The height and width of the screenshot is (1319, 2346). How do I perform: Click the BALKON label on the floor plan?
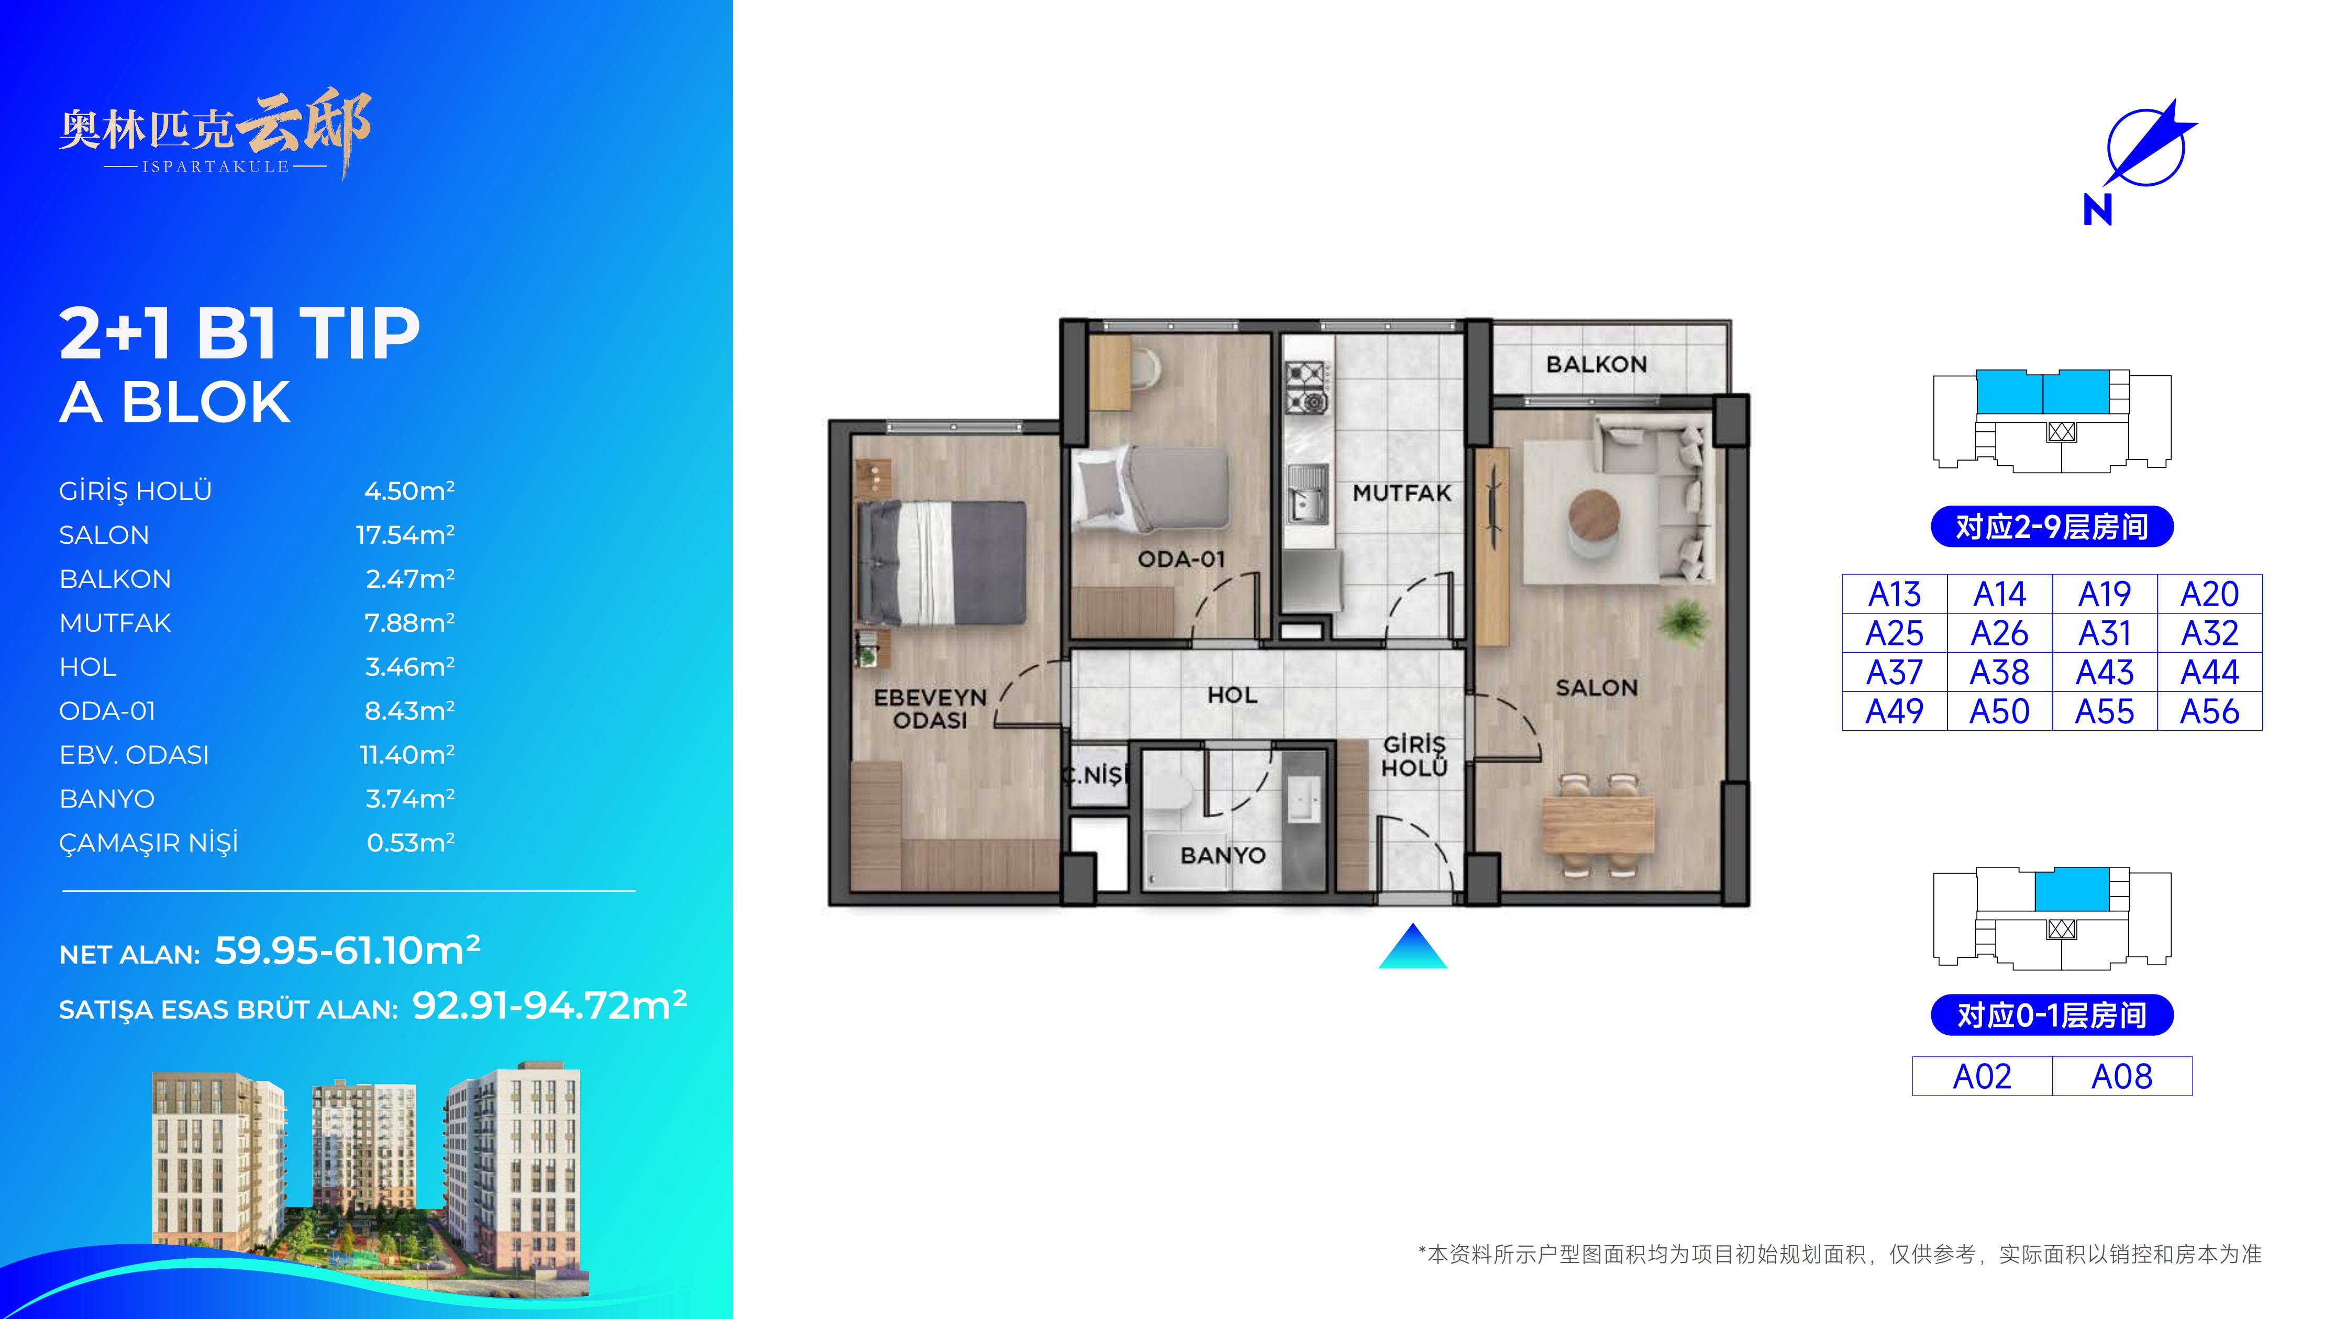1597,364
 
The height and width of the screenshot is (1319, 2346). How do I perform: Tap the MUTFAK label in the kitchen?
1402,494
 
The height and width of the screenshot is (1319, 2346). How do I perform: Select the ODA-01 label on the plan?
1181,559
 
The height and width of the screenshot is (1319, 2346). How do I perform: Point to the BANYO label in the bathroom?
1223,856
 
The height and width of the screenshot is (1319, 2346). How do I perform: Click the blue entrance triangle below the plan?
1412,947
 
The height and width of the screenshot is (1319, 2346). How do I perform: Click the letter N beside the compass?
2097,211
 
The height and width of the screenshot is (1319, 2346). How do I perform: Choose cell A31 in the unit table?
2105,633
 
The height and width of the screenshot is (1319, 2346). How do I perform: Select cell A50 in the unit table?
2000,711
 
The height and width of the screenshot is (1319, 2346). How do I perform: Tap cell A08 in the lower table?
2122,1077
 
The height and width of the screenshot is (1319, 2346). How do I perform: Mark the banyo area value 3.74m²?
410,798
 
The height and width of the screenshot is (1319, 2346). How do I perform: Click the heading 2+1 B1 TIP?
239,333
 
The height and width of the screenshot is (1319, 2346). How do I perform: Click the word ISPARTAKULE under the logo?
216,166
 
